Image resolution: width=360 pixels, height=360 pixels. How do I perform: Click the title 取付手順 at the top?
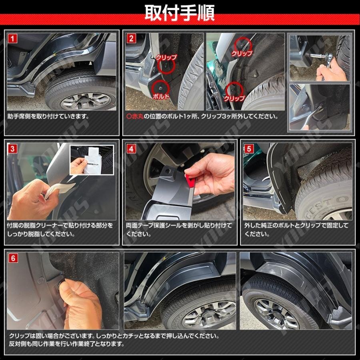tap(180, 13)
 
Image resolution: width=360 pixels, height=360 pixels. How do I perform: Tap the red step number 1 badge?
tap(13, 39)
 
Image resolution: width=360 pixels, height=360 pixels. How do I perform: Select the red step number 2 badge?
tap(131, 39)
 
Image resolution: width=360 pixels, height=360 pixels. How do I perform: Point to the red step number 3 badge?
tap(13, 149)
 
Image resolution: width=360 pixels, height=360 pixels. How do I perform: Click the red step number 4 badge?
tap(131, 149)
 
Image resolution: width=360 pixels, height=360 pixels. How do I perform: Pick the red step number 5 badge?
tap(249, 149)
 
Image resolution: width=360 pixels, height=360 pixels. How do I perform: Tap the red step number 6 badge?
tap(13, 258)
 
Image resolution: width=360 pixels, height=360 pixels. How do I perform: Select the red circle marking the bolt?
tap(160, 86)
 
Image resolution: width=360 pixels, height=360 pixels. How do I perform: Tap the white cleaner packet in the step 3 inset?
tap(92, 162)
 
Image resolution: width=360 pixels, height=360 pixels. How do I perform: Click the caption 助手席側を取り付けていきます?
tap(48, 117)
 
